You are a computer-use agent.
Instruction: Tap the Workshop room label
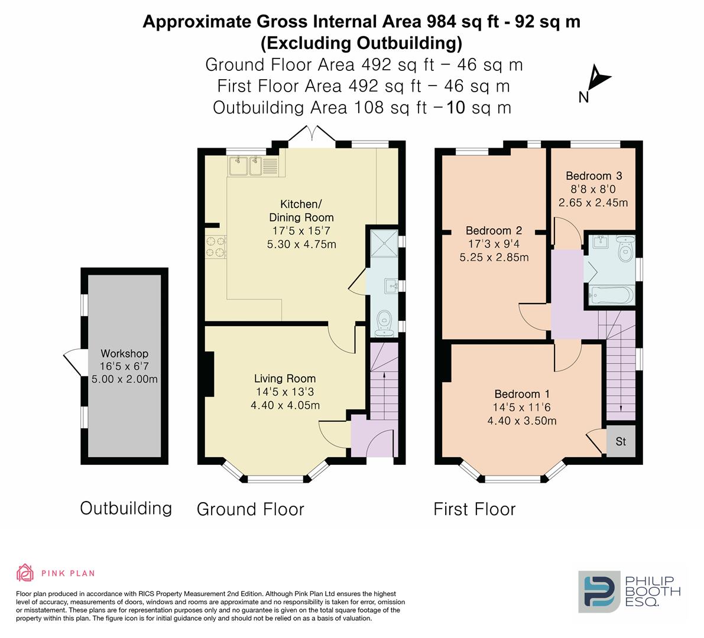pos(124,353)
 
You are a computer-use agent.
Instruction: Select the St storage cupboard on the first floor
pos(621,441)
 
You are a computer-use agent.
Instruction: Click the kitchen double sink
pos(245,166)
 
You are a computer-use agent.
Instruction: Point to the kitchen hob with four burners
pos(215,247)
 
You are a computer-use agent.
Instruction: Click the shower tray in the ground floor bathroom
pos(384,243)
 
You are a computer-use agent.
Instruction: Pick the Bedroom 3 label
pos(593,176)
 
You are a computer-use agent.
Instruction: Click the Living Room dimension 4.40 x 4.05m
pos(285,405)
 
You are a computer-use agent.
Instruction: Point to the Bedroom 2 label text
pos(494,230)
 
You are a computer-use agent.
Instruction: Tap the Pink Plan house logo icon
pos(25,572)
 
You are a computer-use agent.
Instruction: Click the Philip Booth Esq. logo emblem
pos(599,592)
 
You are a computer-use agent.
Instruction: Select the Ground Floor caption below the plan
pos(251,509)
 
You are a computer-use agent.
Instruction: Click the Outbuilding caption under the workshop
pos(126,509)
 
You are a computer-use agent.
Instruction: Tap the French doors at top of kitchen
pos(312,135)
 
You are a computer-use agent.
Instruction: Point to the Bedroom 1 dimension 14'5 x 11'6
pos(522,408)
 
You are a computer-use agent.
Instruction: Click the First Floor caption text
pos(475,509)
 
